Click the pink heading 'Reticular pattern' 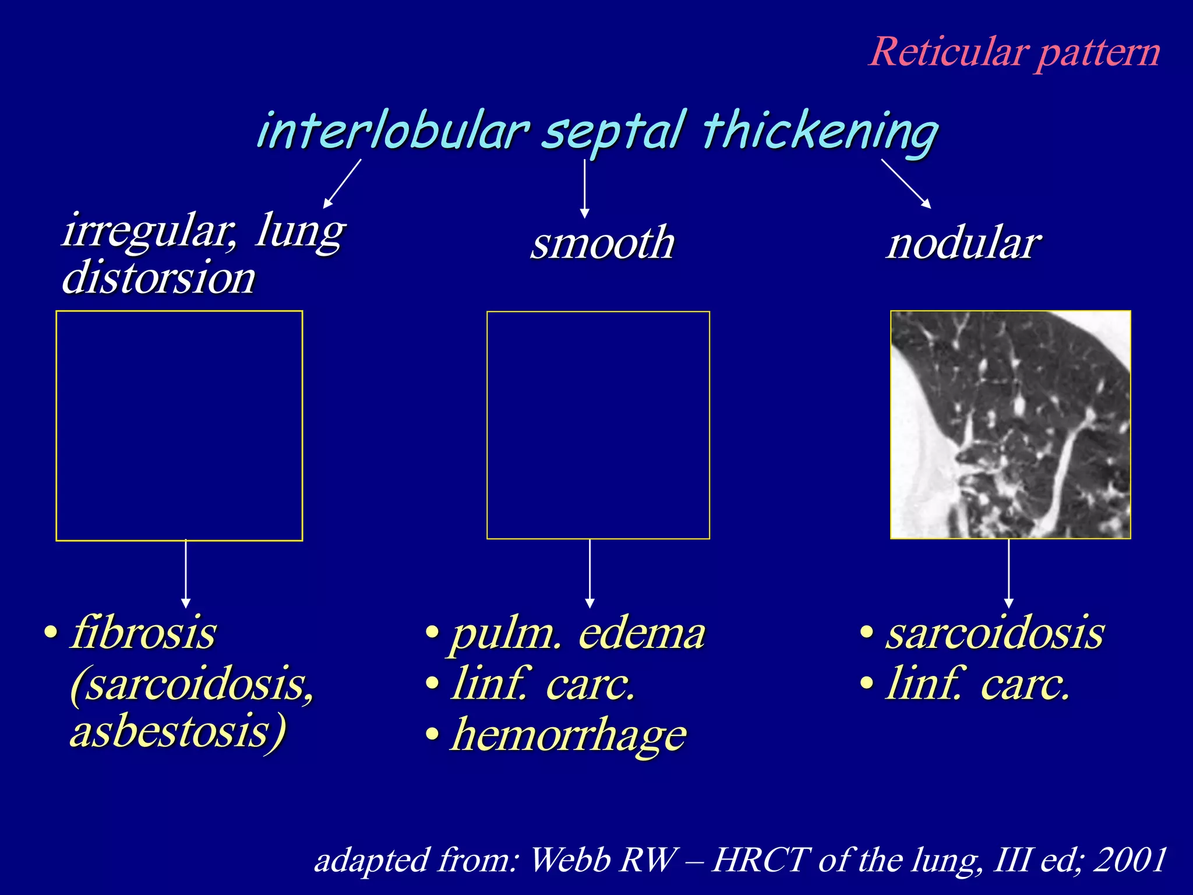[1014, 52]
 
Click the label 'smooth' [602, 243]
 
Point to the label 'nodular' [963, 243]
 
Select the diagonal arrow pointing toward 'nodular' [906, 183]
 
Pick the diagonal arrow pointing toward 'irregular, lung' [343, 183]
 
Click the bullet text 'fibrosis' [143, 633]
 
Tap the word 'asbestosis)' [178, 731]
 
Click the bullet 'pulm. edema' [577, 633]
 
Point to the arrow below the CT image [1008, 573]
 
